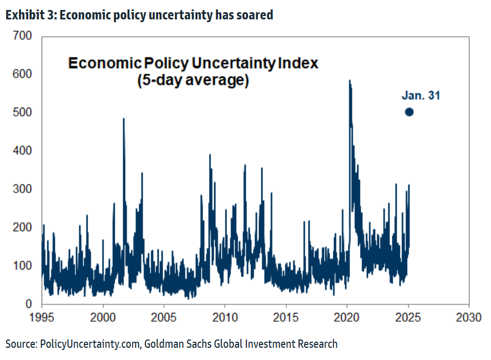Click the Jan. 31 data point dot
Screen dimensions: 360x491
(409, 111)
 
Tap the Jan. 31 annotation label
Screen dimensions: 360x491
(421, 95)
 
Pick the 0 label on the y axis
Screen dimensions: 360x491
(28, 304)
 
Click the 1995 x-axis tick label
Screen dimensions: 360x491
(42, 319)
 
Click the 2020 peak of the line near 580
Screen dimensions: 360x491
(350, 81)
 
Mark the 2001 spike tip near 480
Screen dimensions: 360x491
(123, 119)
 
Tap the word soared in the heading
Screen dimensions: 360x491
(255, 15)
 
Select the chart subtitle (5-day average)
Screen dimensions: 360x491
(193, 80)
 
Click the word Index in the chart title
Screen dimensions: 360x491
(298, 63)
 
